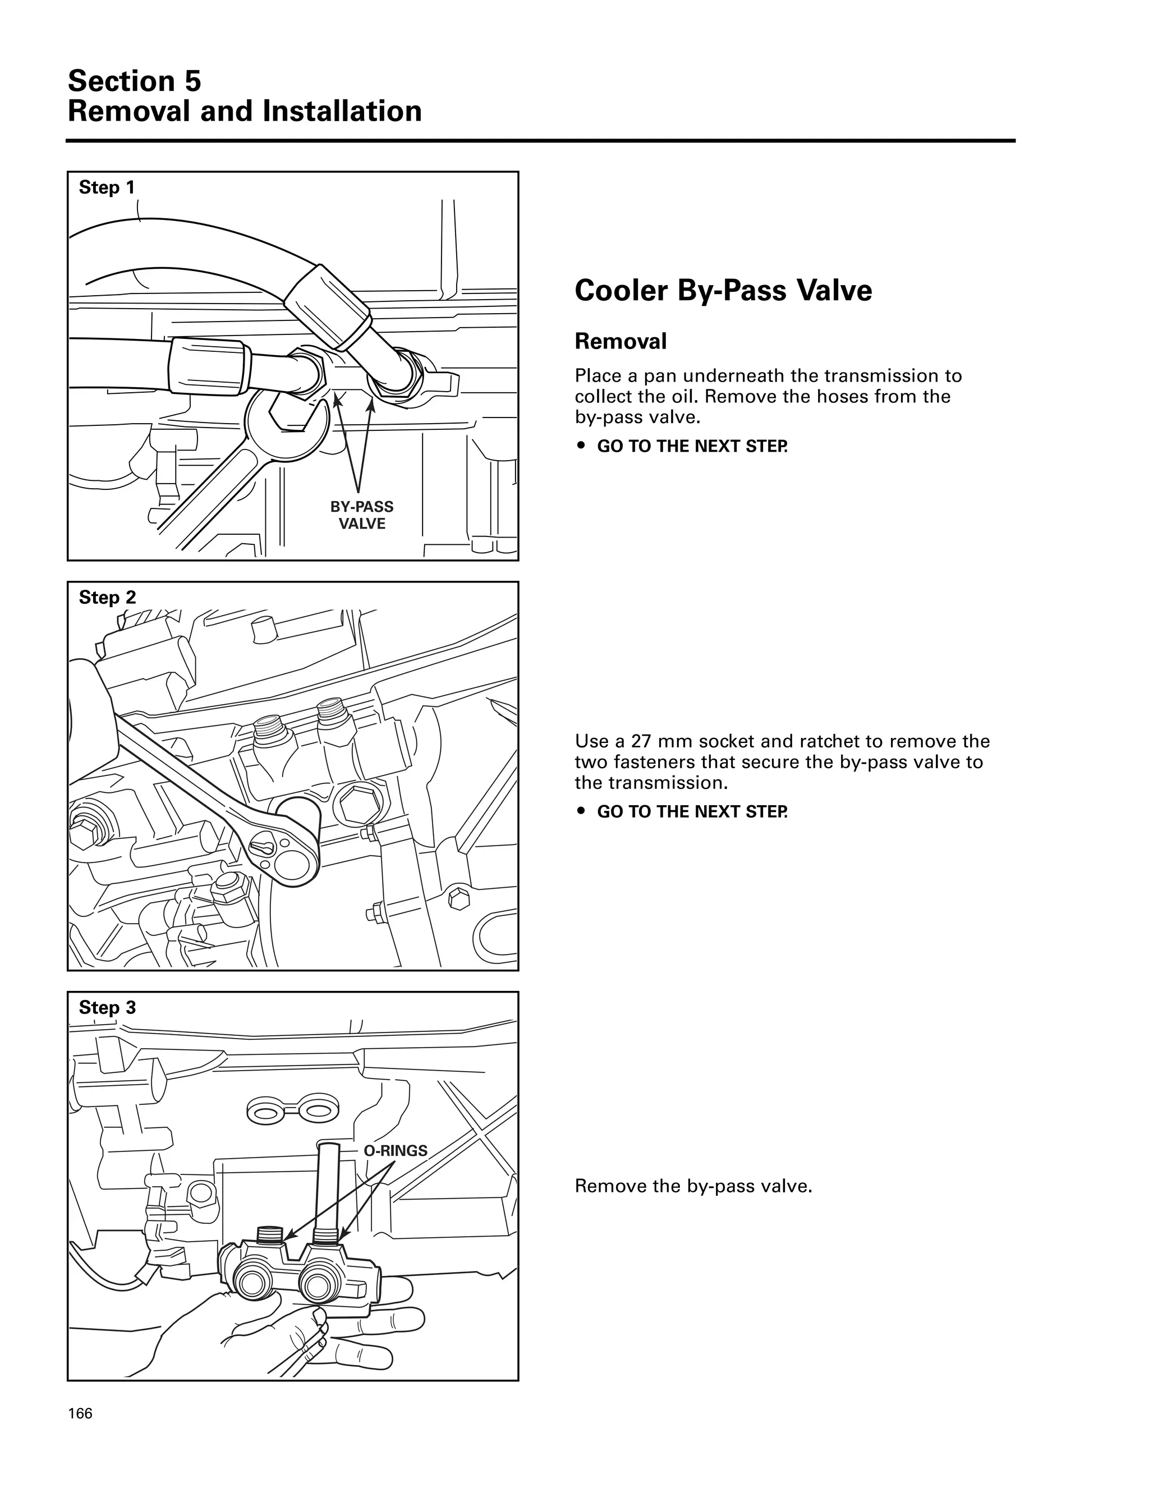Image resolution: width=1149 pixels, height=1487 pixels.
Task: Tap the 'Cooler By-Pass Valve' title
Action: coord(723,291)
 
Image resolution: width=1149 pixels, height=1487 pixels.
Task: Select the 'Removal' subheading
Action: coord(620,341)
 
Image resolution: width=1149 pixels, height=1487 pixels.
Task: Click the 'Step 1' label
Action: coord(107,187)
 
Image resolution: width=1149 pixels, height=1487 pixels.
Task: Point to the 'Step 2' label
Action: coord(107,597)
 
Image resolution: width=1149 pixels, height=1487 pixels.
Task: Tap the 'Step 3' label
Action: coord(107,1007)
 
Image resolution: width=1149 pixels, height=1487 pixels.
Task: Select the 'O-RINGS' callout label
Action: coord(396,1151)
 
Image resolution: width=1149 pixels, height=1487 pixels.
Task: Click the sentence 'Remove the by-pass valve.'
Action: coord(693,1186)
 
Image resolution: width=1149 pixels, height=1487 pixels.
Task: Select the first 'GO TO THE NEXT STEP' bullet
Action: coord(692,447)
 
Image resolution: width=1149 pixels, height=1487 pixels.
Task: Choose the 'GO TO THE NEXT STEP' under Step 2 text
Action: coord(692,811)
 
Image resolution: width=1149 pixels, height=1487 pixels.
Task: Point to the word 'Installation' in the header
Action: coord(342,112)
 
